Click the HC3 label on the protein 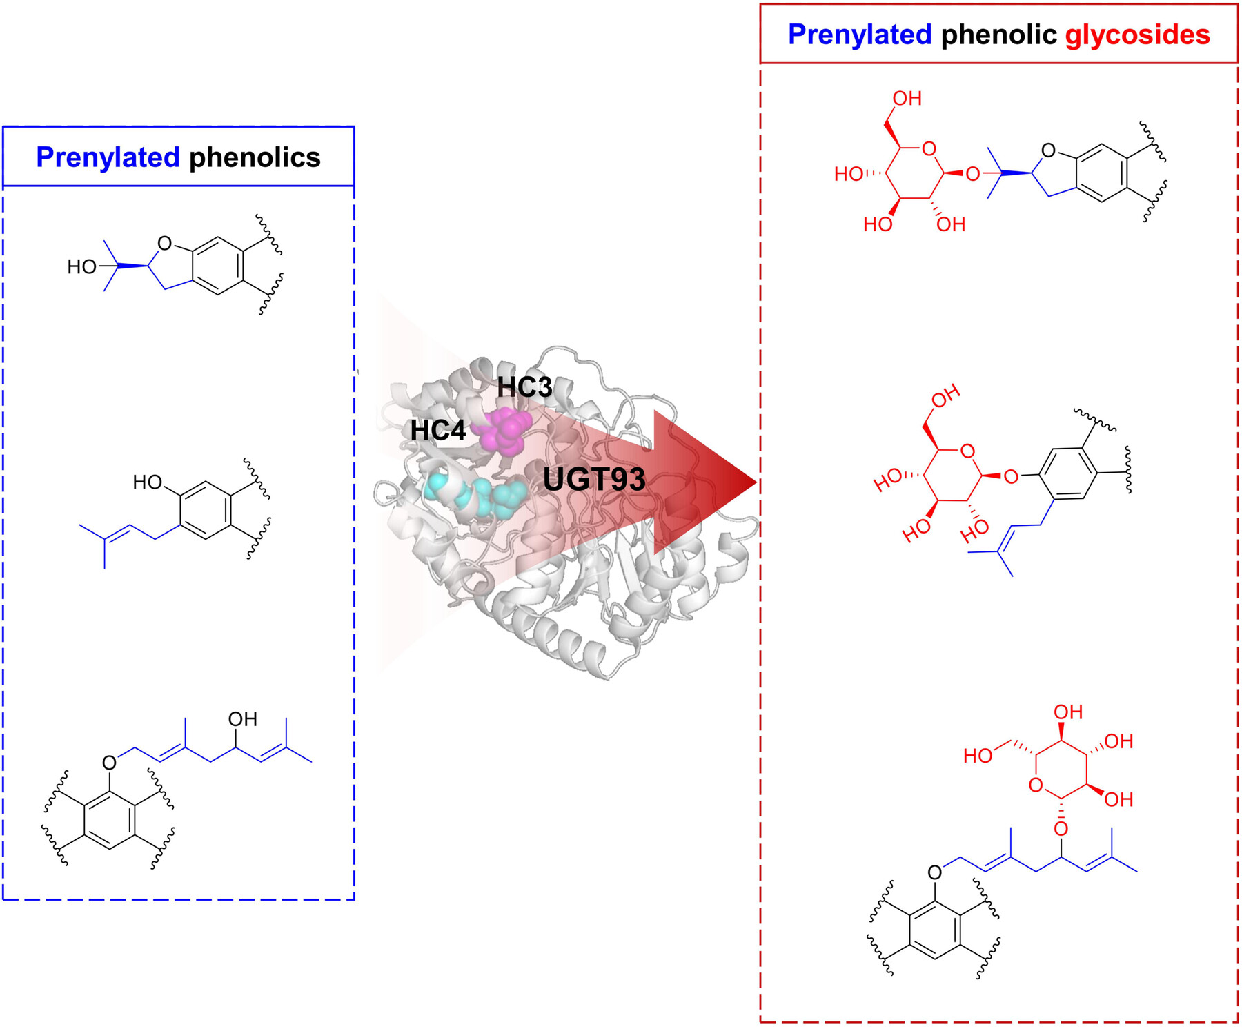coord(525,387)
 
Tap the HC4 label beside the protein coord(438,431)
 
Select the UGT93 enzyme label coord(594,479)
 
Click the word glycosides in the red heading coord(1137,35)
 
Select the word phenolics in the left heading coord(255,157)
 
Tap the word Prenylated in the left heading coord(108,157)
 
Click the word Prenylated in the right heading coord(860,35)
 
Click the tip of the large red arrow coord(755,482)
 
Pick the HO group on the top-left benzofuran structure coord(81,266)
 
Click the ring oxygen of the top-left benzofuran coord(164,243)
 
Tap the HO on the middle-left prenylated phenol coord(147,482)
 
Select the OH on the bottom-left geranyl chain coord(242,719)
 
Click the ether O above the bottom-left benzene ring coord(109,763)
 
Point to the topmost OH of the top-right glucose coord(907,99)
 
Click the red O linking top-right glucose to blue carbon coord(972,174)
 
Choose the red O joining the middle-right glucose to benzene coord(1011,476)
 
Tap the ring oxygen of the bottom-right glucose coord(1035,785)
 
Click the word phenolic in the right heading coord(998,35)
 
